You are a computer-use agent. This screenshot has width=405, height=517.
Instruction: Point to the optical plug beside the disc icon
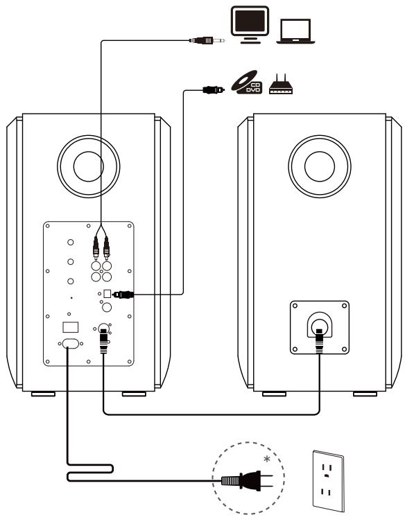pos(211,89)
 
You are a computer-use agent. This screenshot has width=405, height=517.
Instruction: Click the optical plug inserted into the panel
pos(123,294)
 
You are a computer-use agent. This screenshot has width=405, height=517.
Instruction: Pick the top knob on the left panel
pos(71,243)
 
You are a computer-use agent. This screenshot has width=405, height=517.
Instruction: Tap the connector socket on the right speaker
pos(319,325)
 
